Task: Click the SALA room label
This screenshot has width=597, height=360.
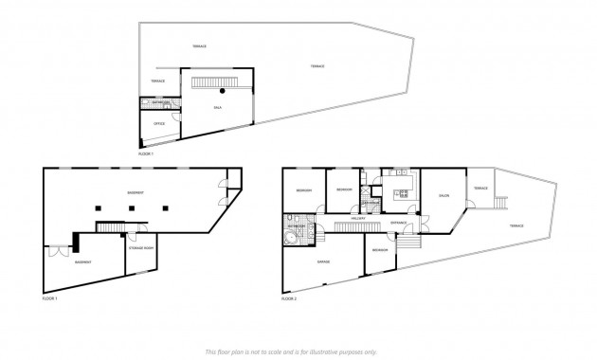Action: (x=217, y=110)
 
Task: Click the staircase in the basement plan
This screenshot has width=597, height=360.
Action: (x=112, y=225)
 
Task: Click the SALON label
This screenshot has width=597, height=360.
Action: (x=443, y=196)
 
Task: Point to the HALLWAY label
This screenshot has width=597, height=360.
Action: (x=358, y=219)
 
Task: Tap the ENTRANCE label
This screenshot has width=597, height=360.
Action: (x=398, y=223)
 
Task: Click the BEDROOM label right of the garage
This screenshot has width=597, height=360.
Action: (x=379, y=249)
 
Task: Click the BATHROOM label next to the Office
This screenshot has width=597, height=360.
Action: (x=158, y=102)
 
